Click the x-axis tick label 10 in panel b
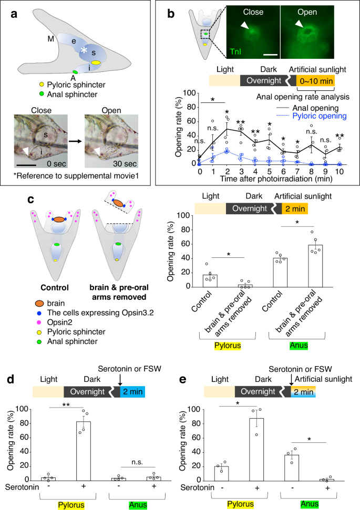(342, 171)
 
